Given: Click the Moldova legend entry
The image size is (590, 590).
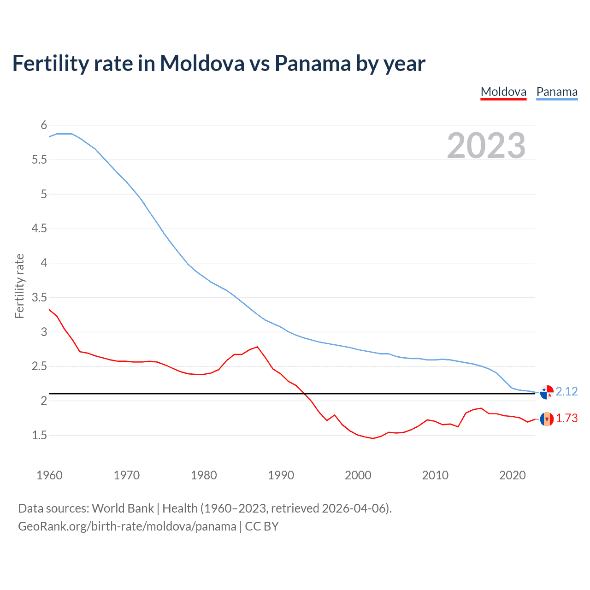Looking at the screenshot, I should tap(503, 92).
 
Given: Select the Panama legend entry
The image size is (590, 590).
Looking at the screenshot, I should tap(557, 92).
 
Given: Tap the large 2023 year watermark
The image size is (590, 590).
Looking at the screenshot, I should tap(486, 146).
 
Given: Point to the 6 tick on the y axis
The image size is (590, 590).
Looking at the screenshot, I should tap(44, 125).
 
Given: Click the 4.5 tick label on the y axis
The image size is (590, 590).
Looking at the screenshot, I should tap(39, 229).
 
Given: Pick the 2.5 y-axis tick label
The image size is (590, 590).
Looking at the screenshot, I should tap(39, 366).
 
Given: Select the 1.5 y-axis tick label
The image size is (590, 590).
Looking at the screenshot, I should tap(39, 435).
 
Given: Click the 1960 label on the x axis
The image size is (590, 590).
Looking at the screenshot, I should tap(49, 475).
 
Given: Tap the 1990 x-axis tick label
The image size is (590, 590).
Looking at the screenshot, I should tap(281, 475).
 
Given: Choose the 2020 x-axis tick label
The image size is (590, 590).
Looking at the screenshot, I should tap(512, 475).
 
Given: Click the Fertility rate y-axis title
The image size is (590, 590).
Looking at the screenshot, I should tap(19, 286).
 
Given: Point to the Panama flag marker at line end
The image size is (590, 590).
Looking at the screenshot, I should tap(547, 392).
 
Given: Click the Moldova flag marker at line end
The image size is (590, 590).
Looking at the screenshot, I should tap(547, 419).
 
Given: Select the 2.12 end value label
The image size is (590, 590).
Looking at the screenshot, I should tap(566, 391).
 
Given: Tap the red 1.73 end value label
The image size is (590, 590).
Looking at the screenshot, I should tap(566, 419).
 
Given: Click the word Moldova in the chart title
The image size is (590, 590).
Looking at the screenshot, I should tap(202, 63).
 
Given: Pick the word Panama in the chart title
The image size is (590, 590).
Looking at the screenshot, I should tap(313, 63).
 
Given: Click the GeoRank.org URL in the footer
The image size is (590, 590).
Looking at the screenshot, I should tap(127, 526).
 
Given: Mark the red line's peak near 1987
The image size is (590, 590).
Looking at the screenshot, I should tap(257, 347).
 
